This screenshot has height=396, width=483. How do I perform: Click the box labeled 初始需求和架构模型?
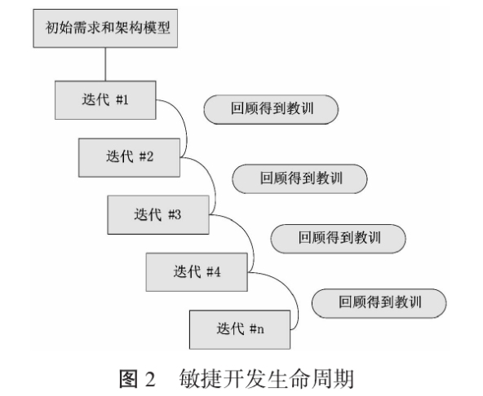coord(105,29)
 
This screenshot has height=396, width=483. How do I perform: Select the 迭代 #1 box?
coord(105,100)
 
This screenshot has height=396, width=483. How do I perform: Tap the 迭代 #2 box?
coord(130,157)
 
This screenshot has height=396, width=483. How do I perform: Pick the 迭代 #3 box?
coord(158,215)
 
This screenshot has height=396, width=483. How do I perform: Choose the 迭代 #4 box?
coord(197,272)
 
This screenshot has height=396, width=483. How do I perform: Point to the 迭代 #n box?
coord(240,329)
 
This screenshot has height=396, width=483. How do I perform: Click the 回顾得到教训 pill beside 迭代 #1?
coord(271,109)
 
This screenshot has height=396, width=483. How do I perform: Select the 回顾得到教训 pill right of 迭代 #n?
coord(379,303)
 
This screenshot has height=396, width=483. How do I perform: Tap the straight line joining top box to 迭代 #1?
coord(105,64)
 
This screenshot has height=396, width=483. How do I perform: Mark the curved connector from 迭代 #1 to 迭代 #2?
coord(186,130)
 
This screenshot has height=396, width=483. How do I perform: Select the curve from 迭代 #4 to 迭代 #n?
coord(297,301)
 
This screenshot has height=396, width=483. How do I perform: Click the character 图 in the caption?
coord(128,379)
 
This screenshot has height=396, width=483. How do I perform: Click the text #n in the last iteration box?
coord(256,329)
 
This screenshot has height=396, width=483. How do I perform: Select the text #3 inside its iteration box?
coord(175,215)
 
